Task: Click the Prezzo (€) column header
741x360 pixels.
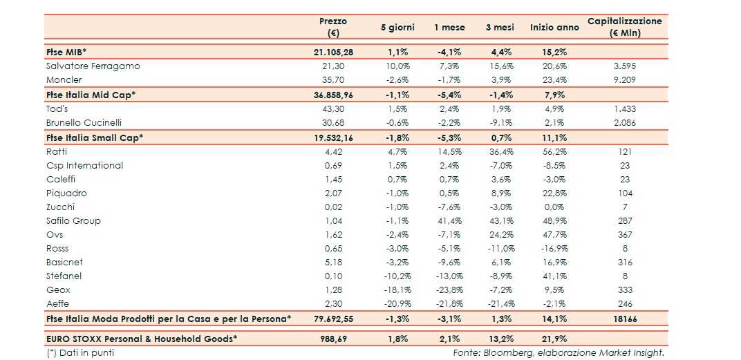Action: [333, 27]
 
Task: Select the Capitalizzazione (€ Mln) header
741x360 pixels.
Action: [624, 27]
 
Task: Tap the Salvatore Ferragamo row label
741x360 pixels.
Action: [93, 66]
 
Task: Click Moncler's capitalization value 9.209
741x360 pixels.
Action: [624, 80]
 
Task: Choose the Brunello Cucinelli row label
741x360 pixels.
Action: [84, 122]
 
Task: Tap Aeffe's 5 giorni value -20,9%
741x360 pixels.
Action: [397, 304]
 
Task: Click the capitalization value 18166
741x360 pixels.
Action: [624, 319]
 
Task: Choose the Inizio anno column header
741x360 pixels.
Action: [554, 28]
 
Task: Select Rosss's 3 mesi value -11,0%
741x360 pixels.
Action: [500, 249]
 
